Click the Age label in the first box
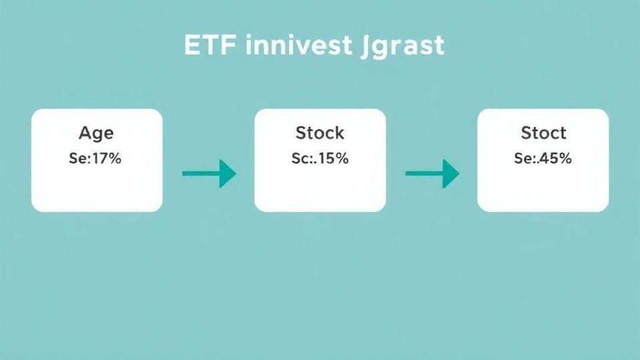click(x=96, y=133)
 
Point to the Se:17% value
click(x=95, y=159)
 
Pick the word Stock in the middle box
click(x=320, y=133)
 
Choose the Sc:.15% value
click(x=320, y=159)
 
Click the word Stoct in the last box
click(x=543, y=133)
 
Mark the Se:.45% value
click(x=543, y=159)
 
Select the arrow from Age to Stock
click(x=209, y=174)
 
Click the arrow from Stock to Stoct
click(x=432, y=174)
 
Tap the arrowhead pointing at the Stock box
click(x=228, y=174)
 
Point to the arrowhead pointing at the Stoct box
click(x=451, y=174)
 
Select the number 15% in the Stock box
click(x=333, y=159)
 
